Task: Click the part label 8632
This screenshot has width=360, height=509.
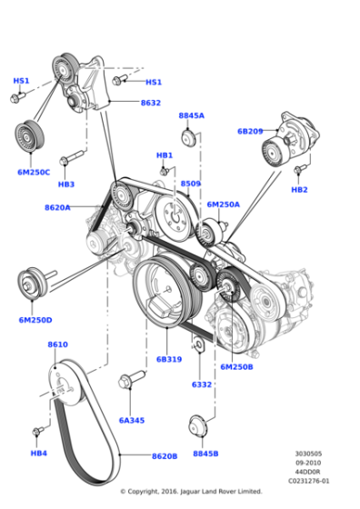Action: pos(150,103)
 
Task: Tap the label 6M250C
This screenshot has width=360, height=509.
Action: pos(34,172)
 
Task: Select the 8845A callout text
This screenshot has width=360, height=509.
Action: pos(191,116)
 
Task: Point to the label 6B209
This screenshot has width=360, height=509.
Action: pos(250,131)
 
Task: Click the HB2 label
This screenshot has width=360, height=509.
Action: pos(299,190)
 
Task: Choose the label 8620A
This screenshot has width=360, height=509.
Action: pos(57,207)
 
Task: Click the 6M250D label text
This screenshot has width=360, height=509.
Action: pos(35,320)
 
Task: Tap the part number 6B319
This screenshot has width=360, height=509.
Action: pos(169,359)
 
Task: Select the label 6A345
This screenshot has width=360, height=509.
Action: pos(133,420)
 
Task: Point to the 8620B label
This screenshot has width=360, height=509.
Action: pos(165,456)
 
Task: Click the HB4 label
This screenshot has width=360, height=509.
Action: pos(38,453)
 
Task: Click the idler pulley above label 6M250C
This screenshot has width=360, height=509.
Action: pos(28,137)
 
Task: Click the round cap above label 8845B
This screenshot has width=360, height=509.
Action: pos(195,427)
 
